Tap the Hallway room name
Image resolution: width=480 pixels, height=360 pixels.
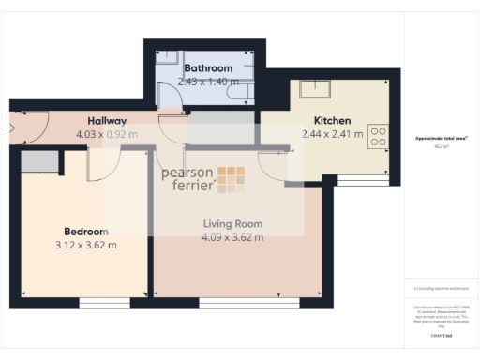pos(107,121)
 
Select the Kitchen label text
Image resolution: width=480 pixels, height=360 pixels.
pos(332,121)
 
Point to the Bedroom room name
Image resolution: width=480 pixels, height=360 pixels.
pos(86,232)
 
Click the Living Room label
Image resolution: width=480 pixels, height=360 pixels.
pos(233,224)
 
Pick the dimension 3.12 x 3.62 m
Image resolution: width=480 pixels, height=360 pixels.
pos(86,246)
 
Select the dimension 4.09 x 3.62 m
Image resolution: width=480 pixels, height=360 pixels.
pos(233,237)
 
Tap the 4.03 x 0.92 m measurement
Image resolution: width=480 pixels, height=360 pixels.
pos(107,134)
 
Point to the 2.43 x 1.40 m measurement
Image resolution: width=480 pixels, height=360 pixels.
pos(208,82)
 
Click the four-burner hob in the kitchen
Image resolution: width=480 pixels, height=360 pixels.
pos(379,138)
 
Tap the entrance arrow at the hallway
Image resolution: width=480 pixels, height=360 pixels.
pos(9,127)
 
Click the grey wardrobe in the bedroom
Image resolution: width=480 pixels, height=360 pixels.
pos(39,161)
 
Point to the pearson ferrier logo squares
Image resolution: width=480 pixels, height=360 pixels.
pos(232,179)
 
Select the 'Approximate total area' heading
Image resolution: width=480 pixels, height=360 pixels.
pos(441,139)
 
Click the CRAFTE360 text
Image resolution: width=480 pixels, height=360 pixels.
pos(441,335)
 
